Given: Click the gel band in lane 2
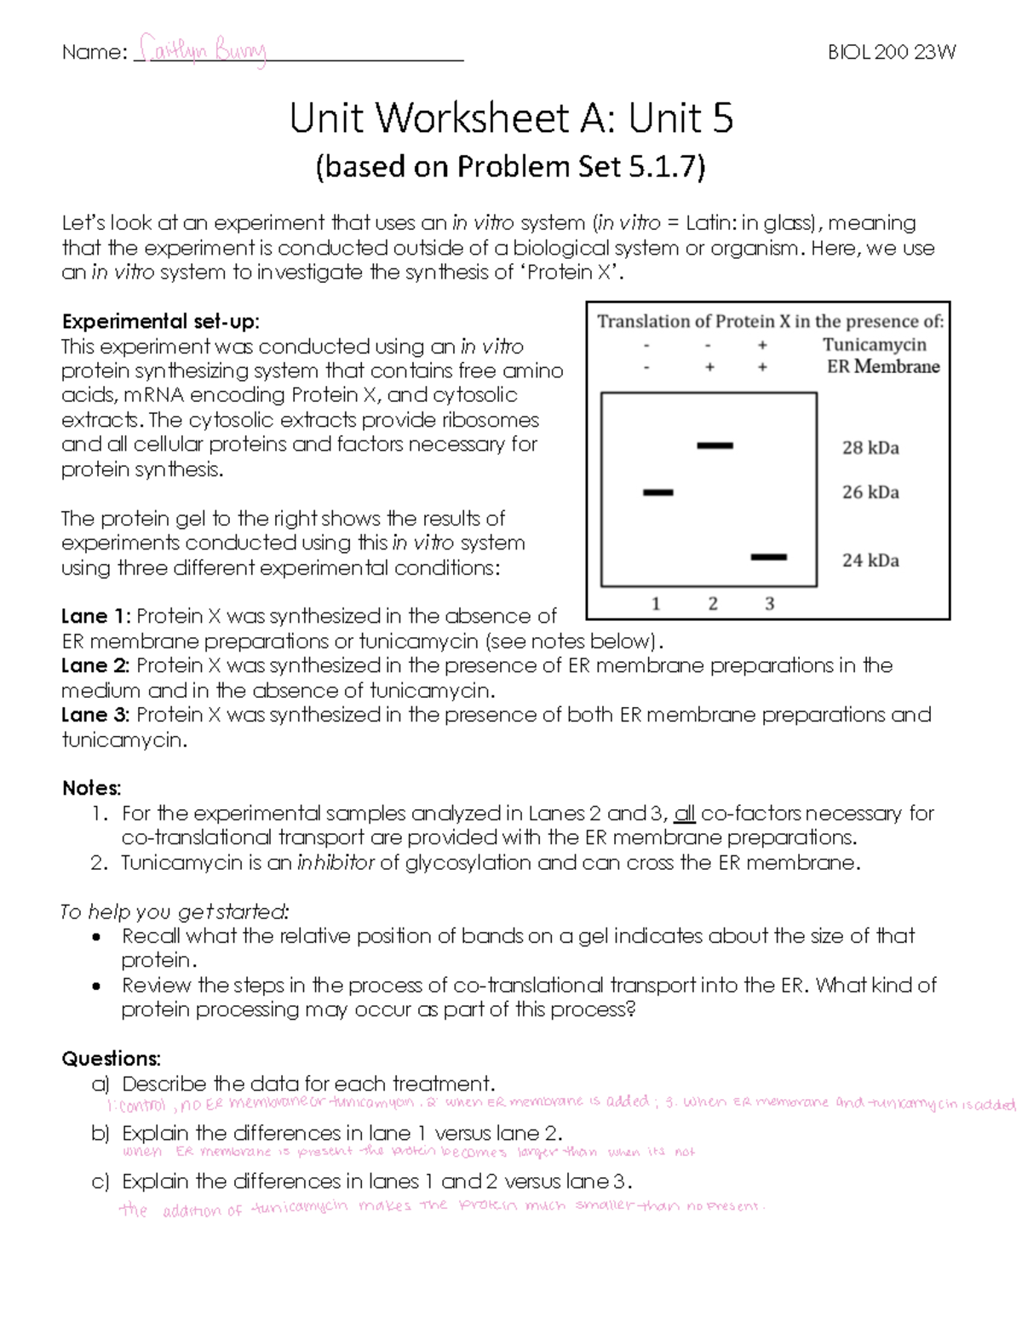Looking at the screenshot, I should point(715,446).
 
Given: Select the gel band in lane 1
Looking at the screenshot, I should point(657,492).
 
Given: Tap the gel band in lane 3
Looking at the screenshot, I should point(769,558).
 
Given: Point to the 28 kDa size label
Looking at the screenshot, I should point(870,448).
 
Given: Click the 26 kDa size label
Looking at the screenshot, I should point(870,492).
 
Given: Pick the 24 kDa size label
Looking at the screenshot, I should point(870,561).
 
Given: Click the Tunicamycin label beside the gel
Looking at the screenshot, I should point(874,344).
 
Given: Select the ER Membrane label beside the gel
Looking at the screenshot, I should point(883,367).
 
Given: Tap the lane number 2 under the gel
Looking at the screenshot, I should point(713,604).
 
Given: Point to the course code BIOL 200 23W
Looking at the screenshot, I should point(892,52).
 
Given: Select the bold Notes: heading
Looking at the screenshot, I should point(92,789).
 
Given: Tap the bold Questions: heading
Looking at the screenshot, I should point(111,1059).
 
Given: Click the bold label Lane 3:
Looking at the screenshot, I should point(96,715).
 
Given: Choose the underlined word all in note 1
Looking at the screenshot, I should point(685,814).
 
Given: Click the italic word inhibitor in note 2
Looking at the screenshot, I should point(336,863).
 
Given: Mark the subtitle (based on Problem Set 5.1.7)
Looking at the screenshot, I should point(511,167).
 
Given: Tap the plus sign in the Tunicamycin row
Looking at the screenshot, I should point(763,345).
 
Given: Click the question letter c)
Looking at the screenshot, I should point(101,1182).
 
